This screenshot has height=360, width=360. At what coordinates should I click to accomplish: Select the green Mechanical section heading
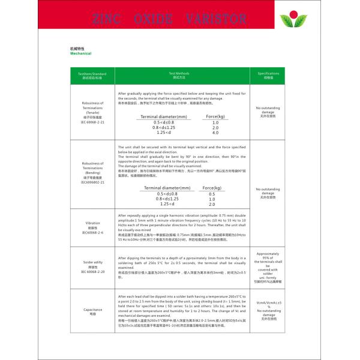coord(81,53)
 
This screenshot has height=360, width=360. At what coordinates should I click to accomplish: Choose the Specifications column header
coord(268,73)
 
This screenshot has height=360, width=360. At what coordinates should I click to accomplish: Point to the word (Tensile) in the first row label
coord(92,112)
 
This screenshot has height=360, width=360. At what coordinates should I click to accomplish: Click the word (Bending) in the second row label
coord(92,172)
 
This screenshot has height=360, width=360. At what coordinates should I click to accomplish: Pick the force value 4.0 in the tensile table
coord(215,133)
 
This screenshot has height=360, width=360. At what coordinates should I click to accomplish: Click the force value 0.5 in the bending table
coord(212,194)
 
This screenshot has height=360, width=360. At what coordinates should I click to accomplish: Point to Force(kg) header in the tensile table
coord(215,116)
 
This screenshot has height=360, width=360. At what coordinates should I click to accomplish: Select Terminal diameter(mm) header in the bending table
coord(167,188)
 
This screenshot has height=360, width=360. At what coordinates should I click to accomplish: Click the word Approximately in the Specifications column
coord(268,253)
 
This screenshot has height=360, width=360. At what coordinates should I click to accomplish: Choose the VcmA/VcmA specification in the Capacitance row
coord(268,303)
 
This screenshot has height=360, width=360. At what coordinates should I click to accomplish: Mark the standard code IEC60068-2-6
coord(92,232)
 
